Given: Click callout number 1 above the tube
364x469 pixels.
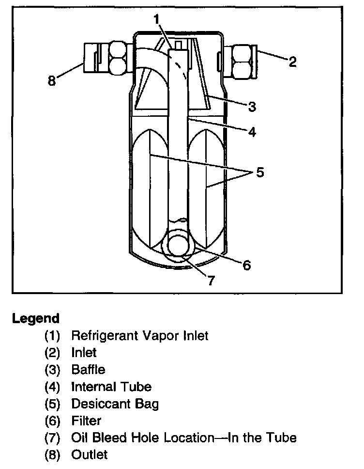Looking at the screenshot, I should coord(156,20).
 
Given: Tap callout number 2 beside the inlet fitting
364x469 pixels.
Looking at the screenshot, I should coord(292,62).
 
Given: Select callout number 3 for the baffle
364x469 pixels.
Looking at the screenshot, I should coord(252,107).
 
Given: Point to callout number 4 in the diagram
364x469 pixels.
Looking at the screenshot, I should coord(252,132).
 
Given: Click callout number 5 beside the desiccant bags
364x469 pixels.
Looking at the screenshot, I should coord(260,172).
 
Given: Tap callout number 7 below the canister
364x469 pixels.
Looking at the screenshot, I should coord(211,281).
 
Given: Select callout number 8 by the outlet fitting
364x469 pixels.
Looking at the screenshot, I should coord(52,80).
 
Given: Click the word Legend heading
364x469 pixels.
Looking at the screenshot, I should coord(36,318).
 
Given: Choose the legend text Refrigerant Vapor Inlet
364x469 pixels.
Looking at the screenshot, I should coord(140,335).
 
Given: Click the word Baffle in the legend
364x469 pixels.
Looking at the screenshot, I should coord(88,370).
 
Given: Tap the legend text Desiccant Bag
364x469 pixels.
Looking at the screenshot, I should coord(115,404).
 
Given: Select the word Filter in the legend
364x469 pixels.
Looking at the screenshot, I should coord(86,421).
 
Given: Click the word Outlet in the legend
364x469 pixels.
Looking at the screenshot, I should coord(90,454).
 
